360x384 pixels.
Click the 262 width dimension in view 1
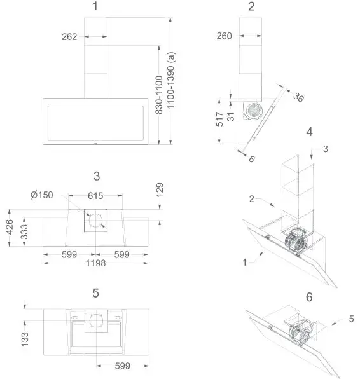point(70,37)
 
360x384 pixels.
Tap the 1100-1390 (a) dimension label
point(170,83)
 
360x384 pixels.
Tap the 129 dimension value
point(160,190)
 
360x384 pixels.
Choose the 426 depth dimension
point(9,227)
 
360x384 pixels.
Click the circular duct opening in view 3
point(95,221)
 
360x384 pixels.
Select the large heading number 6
point(309,297)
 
